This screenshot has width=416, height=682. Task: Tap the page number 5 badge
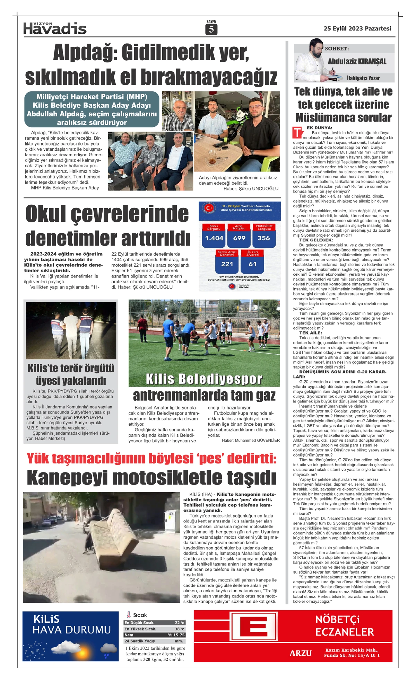[x=211, y=29]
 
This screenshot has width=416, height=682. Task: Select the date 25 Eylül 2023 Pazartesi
[x=357, y=28]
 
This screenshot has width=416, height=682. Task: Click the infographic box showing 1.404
[x=214, y=238]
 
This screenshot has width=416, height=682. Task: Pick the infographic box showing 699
[x=239, y=238]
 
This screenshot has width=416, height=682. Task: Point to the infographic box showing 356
[x=264, y=238]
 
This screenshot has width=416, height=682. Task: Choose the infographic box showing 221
[x=227, y=264]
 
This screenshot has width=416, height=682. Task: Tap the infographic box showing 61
[x=253, y=264]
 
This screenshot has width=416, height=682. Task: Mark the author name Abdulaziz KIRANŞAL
[x=357, y=62]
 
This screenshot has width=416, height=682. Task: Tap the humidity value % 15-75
[x=176, y=635]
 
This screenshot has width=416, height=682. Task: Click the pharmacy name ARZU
[x=301, y=653]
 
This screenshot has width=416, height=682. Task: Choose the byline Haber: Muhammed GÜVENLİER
[x=251, y=440]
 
